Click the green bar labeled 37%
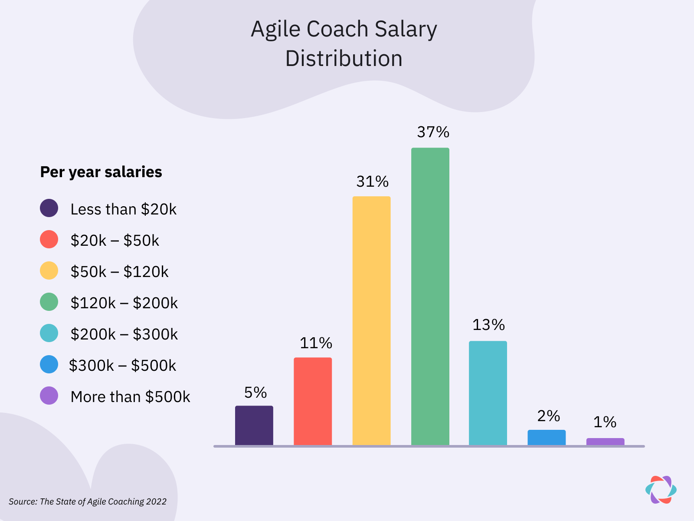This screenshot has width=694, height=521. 430,296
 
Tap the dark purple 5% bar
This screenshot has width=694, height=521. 254,425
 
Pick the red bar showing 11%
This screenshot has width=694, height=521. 313,401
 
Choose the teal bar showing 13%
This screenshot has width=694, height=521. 488,393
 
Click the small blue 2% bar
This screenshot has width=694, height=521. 547,437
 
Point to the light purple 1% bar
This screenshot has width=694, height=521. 605,442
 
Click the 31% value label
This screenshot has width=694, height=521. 372,181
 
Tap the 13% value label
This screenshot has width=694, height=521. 488,325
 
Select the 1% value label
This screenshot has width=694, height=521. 605,422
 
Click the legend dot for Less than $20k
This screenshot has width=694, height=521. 49,208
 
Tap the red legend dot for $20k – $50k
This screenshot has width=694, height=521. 49,240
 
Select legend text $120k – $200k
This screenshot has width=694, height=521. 124,303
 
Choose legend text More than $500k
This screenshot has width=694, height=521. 130,397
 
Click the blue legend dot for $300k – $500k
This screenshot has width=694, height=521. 49,365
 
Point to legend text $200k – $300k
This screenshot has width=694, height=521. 124,334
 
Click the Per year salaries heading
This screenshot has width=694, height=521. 101,172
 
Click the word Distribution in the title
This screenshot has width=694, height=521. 344,59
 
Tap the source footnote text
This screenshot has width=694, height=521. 88,501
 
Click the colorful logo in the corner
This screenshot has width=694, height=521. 661,490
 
